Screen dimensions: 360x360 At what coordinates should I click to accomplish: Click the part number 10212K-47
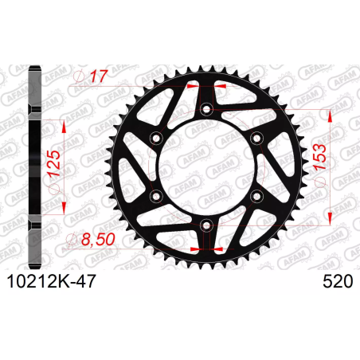click(51, 281)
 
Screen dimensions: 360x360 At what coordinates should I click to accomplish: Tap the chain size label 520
click(338, 281)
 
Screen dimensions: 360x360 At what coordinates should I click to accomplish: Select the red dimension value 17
click(98, 76)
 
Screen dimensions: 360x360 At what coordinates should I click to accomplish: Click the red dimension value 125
click(54, 163)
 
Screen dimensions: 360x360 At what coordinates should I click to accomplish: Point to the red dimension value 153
click(319, 157)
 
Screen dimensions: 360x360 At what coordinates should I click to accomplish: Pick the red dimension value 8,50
click(98, 239)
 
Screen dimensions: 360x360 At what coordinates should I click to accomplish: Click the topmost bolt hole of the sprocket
click(206, 109)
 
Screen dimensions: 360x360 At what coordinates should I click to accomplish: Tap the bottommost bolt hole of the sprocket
click(206, 225)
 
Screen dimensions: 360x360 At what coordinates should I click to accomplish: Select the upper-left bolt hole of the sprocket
click(156, 138)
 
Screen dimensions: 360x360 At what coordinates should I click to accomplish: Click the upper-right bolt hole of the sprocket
click(257, 138)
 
